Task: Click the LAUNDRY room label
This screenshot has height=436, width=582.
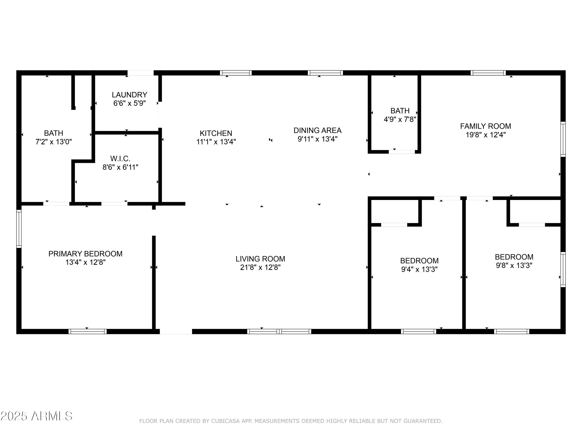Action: (129, 95)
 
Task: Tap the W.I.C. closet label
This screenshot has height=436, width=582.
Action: (120, 159)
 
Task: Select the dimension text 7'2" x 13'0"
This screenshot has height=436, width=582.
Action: (54, 142)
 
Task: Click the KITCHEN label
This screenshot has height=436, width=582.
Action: (216, 133)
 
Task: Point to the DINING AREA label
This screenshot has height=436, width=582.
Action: (317, 130)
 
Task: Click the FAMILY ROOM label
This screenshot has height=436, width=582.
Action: (485, 126)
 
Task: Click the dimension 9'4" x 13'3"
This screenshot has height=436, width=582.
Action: (419, 269)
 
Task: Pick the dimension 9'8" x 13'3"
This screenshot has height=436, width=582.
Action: (514, 265)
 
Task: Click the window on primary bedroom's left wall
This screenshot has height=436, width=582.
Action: (19, 229)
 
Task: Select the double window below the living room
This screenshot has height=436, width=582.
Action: (279, 331)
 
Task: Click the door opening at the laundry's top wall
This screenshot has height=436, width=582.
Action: (140, 73)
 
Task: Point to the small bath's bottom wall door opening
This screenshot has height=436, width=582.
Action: (402, 152)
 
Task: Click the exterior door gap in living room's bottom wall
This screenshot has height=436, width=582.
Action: (176, 331)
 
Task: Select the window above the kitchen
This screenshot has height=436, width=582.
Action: (236, 73)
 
